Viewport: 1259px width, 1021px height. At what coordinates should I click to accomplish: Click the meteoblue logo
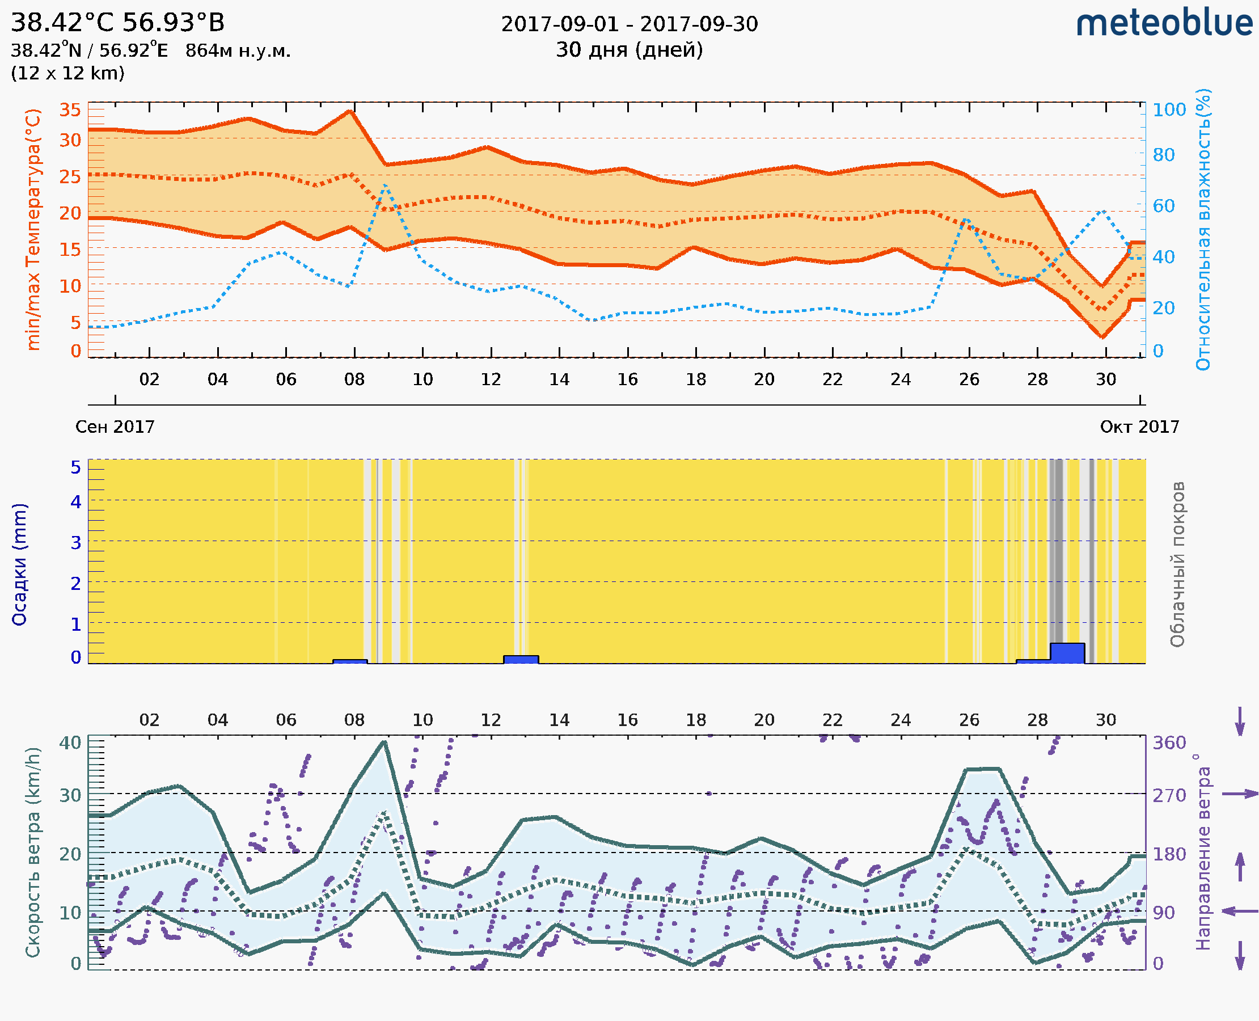1164,23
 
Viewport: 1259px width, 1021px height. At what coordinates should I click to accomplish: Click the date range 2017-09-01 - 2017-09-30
629,24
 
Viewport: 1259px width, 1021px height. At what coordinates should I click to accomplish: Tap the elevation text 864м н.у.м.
238,51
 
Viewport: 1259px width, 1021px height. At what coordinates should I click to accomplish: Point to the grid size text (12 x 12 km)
67,74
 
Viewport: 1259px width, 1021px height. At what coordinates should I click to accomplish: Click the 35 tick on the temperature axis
70,110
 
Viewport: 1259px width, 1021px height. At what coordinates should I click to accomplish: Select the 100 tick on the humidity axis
1169,110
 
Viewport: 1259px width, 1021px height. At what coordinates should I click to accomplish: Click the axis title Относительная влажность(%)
1203,229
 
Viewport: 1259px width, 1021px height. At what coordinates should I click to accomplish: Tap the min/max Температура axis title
33,229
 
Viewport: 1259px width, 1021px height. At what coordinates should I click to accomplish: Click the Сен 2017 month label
115,427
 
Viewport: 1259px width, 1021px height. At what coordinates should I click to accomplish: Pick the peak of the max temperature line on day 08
350,111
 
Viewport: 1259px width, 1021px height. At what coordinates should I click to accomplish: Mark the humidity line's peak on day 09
386,185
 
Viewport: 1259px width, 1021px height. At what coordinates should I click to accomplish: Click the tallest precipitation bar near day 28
1067,653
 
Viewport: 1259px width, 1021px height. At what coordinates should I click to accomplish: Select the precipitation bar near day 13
521,659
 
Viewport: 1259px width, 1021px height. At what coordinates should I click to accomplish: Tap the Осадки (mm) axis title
19,564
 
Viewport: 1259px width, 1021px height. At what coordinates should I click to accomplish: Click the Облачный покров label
1177,564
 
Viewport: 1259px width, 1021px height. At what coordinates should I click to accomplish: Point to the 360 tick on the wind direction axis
1169,743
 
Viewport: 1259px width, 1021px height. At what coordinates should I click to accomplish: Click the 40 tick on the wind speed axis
70,743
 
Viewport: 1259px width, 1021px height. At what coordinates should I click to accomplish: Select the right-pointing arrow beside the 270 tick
1240,794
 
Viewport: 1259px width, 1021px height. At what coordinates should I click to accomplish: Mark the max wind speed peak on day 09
384,742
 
